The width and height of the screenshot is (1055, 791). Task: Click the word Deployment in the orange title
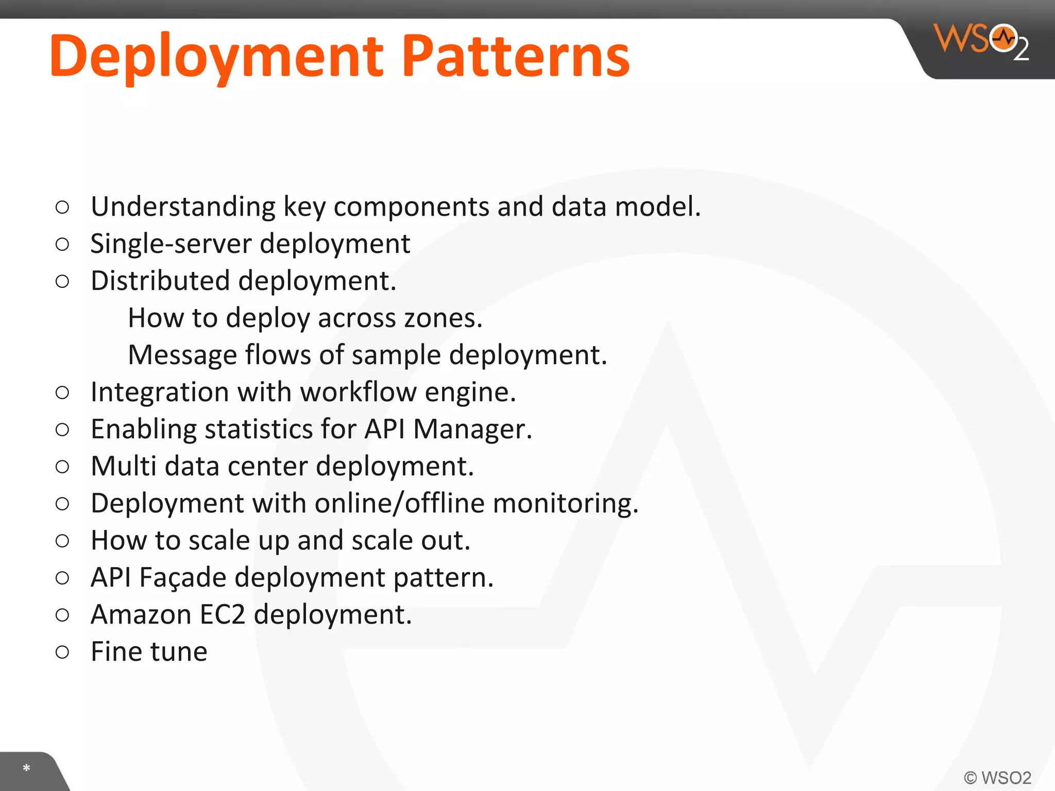216,56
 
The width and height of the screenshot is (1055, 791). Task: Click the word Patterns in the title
515,56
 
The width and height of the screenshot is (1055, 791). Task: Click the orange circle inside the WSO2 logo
1003,38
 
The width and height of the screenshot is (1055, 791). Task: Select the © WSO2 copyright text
997,777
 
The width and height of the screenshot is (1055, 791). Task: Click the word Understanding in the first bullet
183,207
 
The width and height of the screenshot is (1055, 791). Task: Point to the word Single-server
171,244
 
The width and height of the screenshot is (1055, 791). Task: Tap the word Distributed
160,281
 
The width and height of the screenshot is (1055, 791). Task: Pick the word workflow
358,392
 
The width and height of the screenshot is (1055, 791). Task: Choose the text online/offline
400,504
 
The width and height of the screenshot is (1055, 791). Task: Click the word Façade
183,578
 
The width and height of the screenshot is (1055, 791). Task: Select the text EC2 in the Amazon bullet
222,615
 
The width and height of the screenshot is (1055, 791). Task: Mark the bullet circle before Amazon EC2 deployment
62,615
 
